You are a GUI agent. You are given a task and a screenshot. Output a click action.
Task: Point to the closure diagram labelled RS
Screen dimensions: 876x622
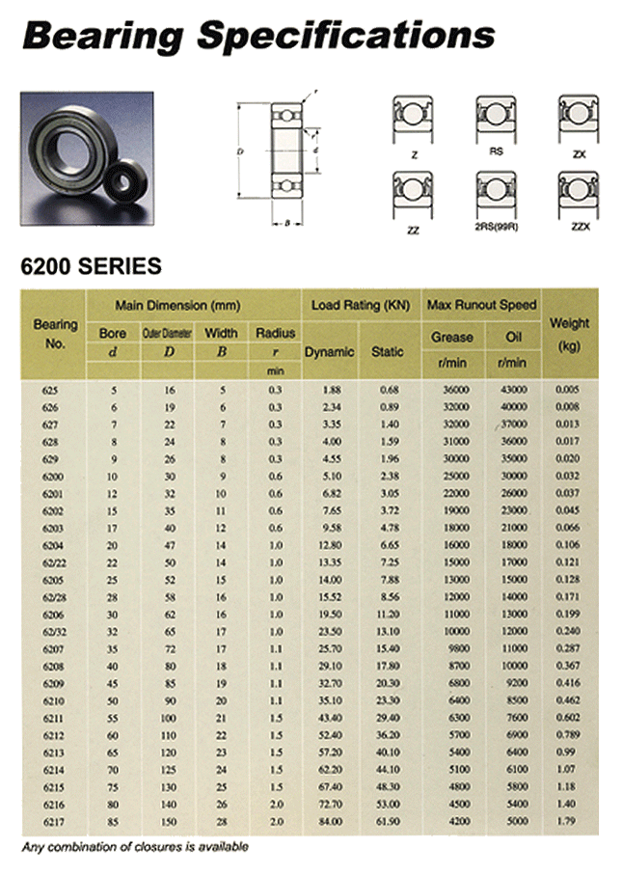(496, 117)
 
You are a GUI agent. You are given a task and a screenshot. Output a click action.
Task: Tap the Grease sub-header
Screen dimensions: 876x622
(451, 337)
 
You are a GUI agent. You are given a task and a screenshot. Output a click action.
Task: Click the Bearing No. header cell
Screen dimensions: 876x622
(55, 334)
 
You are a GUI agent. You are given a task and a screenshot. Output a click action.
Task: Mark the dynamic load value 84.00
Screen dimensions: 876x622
(330, 822)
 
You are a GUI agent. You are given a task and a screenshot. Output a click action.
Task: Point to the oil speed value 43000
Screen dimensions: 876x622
(513, 389)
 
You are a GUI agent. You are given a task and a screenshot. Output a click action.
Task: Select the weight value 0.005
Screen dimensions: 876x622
(568, 389)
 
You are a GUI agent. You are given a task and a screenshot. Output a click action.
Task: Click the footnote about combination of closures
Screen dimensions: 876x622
(135, 847)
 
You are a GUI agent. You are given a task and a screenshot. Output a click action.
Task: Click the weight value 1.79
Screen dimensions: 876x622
(569, 822)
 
